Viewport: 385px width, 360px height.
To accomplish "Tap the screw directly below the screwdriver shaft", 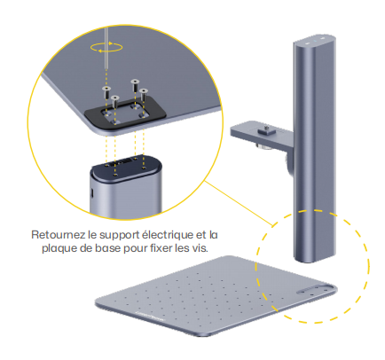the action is click(106, 93).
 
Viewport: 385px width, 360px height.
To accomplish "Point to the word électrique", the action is click(168, 235).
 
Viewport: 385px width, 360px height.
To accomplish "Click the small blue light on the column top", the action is click(315, 41).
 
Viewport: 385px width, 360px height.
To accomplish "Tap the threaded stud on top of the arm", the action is click(266, 129).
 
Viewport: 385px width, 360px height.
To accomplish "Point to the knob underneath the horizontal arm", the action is click(266, 145).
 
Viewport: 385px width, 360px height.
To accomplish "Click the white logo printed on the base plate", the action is click(151, 316).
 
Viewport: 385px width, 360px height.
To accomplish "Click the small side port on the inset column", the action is click(92, 193).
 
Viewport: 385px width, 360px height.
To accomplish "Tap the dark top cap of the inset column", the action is click(126, 168).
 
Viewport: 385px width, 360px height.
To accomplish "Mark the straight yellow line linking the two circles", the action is click(239, 204).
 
